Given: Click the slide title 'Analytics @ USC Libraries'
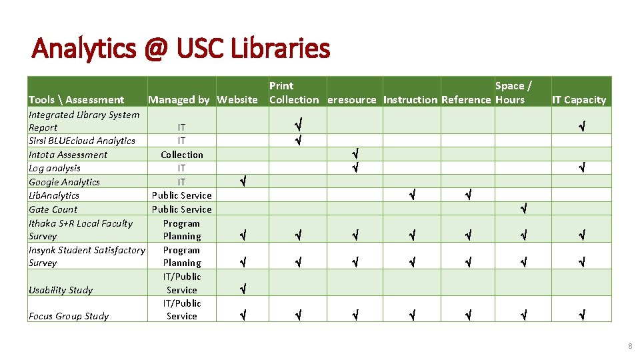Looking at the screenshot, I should coord(181,49).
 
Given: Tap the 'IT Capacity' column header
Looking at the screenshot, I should coord(579,100).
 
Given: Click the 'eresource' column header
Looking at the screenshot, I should coord(353,100).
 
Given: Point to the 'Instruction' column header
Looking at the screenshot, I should coord(411,100).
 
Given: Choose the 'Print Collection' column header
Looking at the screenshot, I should coord(293,93).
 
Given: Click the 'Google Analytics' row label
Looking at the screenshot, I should coord(64,182).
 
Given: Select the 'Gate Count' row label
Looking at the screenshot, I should coord(53,209).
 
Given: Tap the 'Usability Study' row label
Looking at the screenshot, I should coord(61,290).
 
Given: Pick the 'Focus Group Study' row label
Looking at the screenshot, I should coord(68,316).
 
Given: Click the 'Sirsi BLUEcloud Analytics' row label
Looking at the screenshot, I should coord(81,141).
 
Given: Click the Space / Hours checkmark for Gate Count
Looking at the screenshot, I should coord(523,209).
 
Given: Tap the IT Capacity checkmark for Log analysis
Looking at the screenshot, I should coord(581,167).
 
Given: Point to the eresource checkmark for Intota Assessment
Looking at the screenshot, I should coord(355,154).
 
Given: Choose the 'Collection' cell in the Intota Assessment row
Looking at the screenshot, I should coord(182,155).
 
